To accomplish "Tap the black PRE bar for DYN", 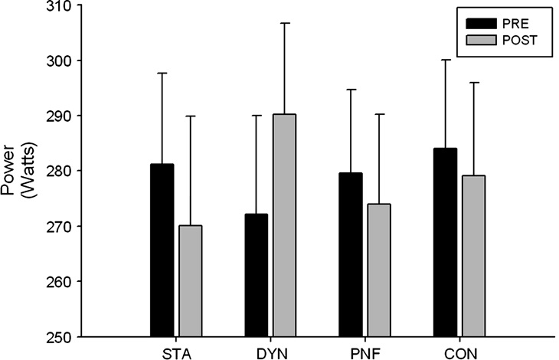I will point(256,275).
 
